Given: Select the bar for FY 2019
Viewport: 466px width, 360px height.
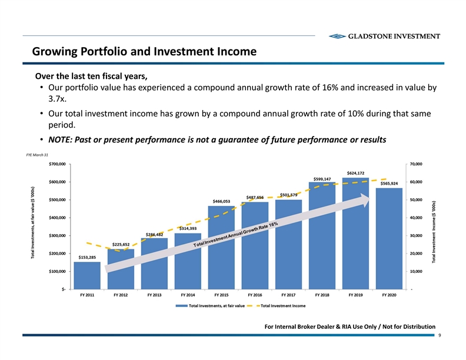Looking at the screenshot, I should click(x=355, y=233).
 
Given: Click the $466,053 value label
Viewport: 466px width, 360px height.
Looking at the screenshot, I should click(x=221, y=201).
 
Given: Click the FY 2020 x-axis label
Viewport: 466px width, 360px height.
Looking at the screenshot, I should click(x=389, y=295).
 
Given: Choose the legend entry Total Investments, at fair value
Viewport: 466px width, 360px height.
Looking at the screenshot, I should click(x=217, y=306).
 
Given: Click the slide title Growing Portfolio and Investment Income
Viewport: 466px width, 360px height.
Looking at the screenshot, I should click(x=144, y=52).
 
